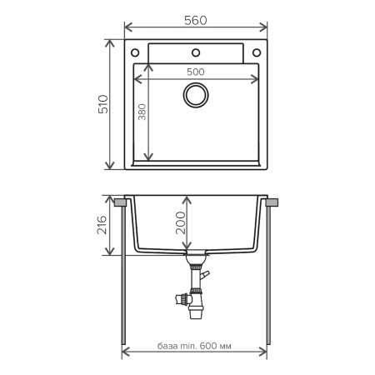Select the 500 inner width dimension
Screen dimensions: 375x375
pyautogui.click(x=195, y=72)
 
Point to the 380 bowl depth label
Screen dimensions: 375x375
pyautogui.click(x=142, y=113)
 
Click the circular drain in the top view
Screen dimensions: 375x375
pyautogui.click(x=197, y=96)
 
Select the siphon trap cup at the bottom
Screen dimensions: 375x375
pyautogui.click(x=197, y=312)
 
